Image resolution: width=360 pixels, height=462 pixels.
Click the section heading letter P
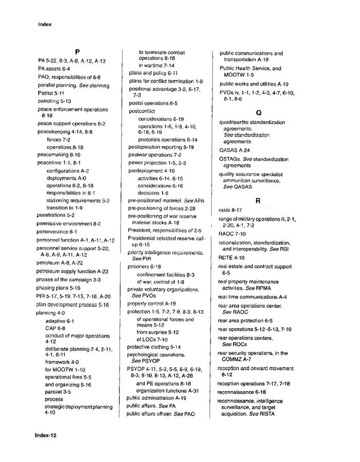click(x=76, y=51)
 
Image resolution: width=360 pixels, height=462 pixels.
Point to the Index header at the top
click(x=45, y=24)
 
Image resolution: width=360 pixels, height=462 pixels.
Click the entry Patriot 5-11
click(x=50, y=93)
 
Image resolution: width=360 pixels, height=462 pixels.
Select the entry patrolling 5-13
click(x=54, y=101)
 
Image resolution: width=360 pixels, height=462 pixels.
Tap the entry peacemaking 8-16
click(x=59, y=154)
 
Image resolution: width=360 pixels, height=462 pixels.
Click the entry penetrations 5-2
click(x=56, y=216)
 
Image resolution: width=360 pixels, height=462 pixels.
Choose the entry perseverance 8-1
click(x=57, y=232)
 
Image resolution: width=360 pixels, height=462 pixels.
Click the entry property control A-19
click(x=152, y=304)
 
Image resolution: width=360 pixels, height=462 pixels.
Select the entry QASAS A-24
click(x=235, y=150)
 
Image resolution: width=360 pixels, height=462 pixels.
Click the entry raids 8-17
click(x=230, y=210)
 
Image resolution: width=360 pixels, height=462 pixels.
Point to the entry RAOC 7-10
click(x=232, y=234)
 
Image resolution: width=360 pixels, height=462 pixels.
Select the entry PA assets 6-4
click(x=54, y=68)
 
